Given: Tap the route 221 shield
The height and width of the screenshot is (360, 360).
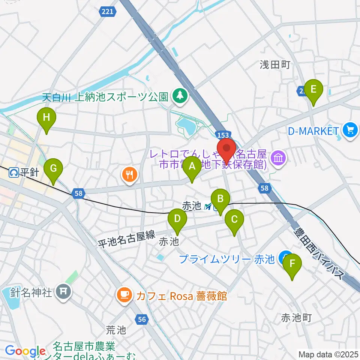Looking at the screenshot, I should pyautogui.click(x=107, y=12).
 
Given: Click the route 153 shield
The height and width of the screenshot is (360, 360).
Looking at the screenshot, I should pyautogui.click(x=221, y=134).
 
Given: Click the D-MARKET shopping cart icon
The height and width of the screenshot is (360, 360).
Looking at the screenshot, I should pyautogui.click(x=351, y=131).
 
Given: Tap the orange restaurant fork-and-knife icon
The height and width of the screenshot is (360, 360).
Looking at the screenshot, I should pyautogui.click(x=129, y=174).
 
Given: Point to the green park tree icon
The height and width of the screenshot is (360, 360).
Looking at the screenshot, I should pyautogui.click(x=180, y=95).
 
